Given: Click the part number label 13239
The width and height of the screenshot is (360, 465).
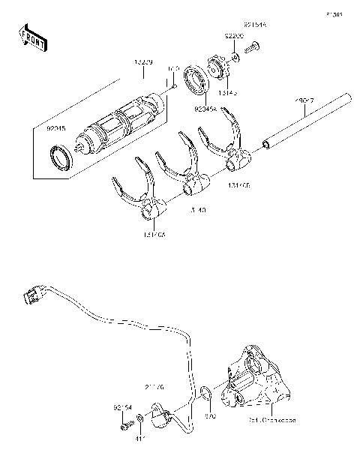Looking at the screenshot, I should point(144,63).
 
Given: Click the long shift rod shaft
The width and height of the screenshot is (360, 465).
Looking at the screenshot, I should point(307,120).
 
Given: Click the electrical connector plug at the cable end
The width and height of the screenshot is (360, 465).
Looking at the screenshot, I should point(30,298).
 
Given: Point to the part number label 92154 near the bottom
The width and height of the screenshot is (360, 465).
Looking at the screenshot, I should point(123,408).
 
